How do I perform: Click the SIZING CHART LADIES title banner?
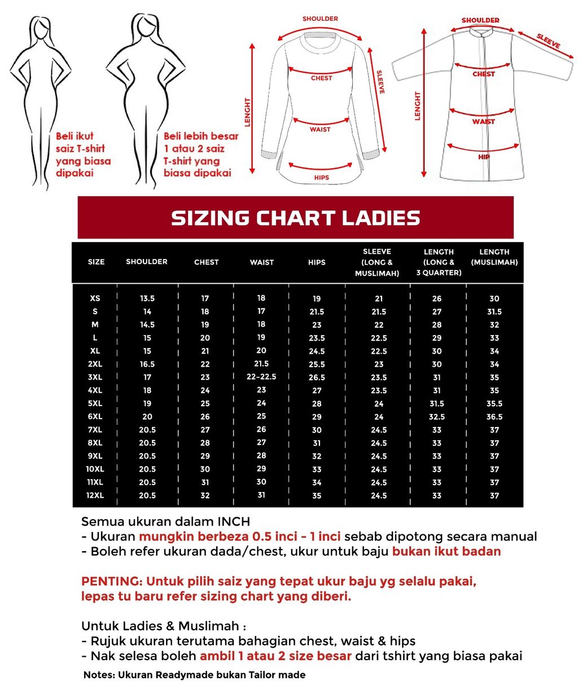pyautogui.click(x=295, y=218)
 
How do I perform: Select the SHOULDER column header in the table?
pyautogui.click(x=147, y=262)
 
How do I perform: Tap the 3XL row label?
pyautogui.click(x=95, y=377)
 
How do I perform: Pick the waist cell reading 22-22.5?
pyautogui.click(x=261, y=377)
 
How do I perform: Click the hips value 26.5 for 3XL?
pyautogui.click(x=317, y=377)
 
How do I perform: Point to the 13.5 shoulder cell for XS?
pyautogui.click(x=147, y=298)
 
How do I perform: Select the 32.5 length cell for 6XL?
pyautogui.click(x=436, y=417)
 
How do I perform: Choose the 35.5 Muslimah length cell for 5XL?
pyautogui.click(x=494, y=404)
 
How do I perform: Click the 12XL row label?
pyautogui.click(x=95, y=495)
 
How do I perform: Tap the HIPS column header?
pyautogui.click(x=317, y=262)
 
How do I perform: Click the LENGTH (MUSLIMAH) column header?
pyautogui.click(x=494, y=257)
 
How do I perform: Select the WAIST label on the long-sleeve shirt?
pyautogui.click(x=320, y=130)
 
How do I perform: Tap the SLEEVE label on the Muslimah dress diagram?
pyautogui.click(x=548, y=41)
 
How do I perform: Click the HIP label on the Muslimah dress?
pyautogui.click(x=484, y=157)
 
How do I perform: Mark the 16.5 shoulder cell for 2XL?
pyautogui.click(x=147, y=364)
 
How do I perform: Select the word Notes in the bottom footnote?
pyautogui.click(x=99, y=675)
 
